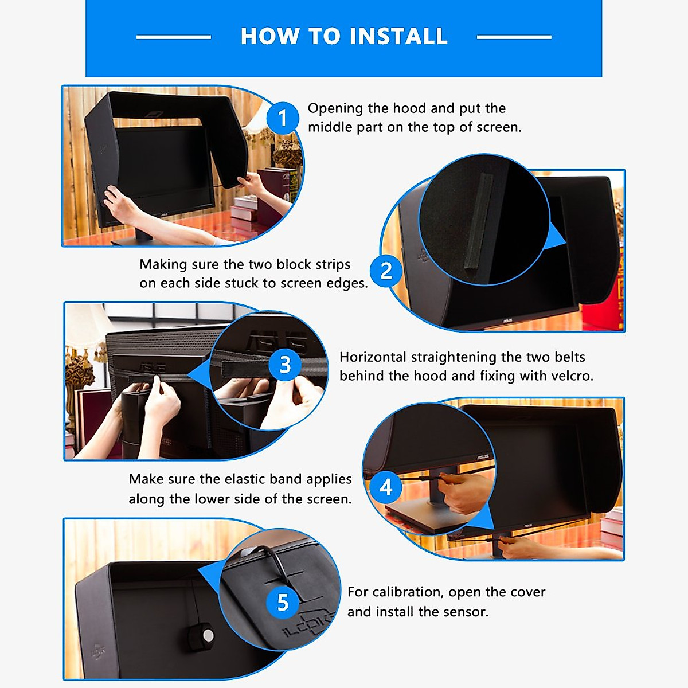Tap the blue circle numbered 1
[283, 118]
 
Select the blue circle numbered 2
[386, 271]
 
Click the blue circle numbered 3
[285, 365]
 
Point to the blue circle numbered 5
[283, 603]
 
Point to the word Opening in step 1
[335, 108]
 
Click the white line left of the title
[174, 37]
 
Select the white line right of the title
[514, 37]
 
